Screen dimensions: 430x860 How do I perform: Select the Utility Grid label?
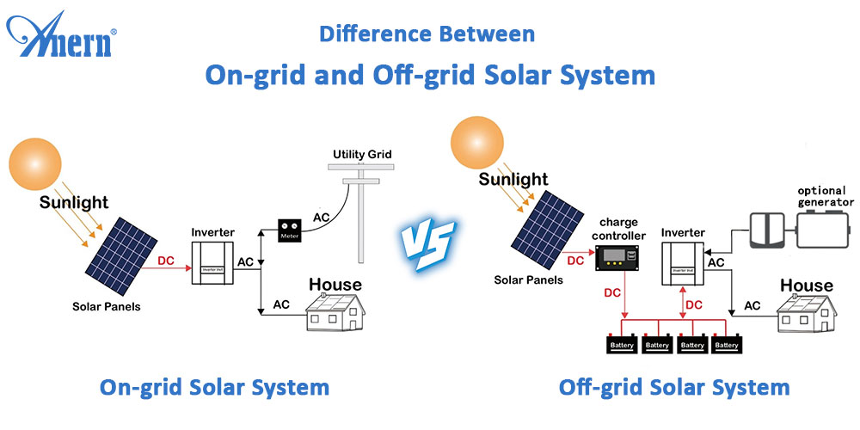click(362, 155)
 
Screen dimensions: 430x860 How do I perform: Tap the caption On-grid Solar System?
click(214, 388)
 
